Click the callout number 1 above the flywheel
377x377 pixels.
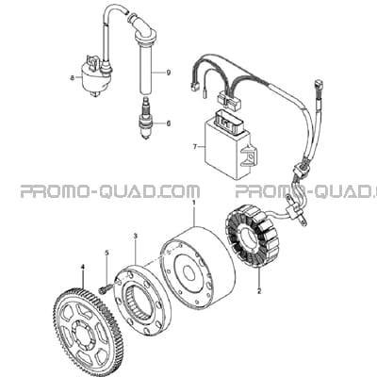point(194,203)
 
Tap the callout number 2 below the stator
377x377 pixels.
point(259,291)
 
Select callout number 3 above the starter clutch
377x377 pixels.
point(136,236)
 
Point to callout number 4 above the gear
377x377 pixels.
point(83,267)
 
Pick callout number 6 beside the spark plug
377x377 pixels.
point(169,123)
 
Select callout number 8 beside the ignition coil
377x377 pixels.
point(73,77)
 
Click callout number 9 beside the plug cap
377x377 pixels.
point(169,73)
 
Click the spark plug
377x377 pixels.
point(146,118)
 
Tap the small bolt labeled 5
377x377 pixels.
point(105,290)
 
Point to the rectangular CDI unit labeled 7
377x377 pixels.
point(231,147)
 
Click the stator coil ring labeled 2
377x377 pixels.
point(250,236)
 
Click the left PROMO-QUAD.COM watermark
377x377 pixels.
point(110,191)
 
